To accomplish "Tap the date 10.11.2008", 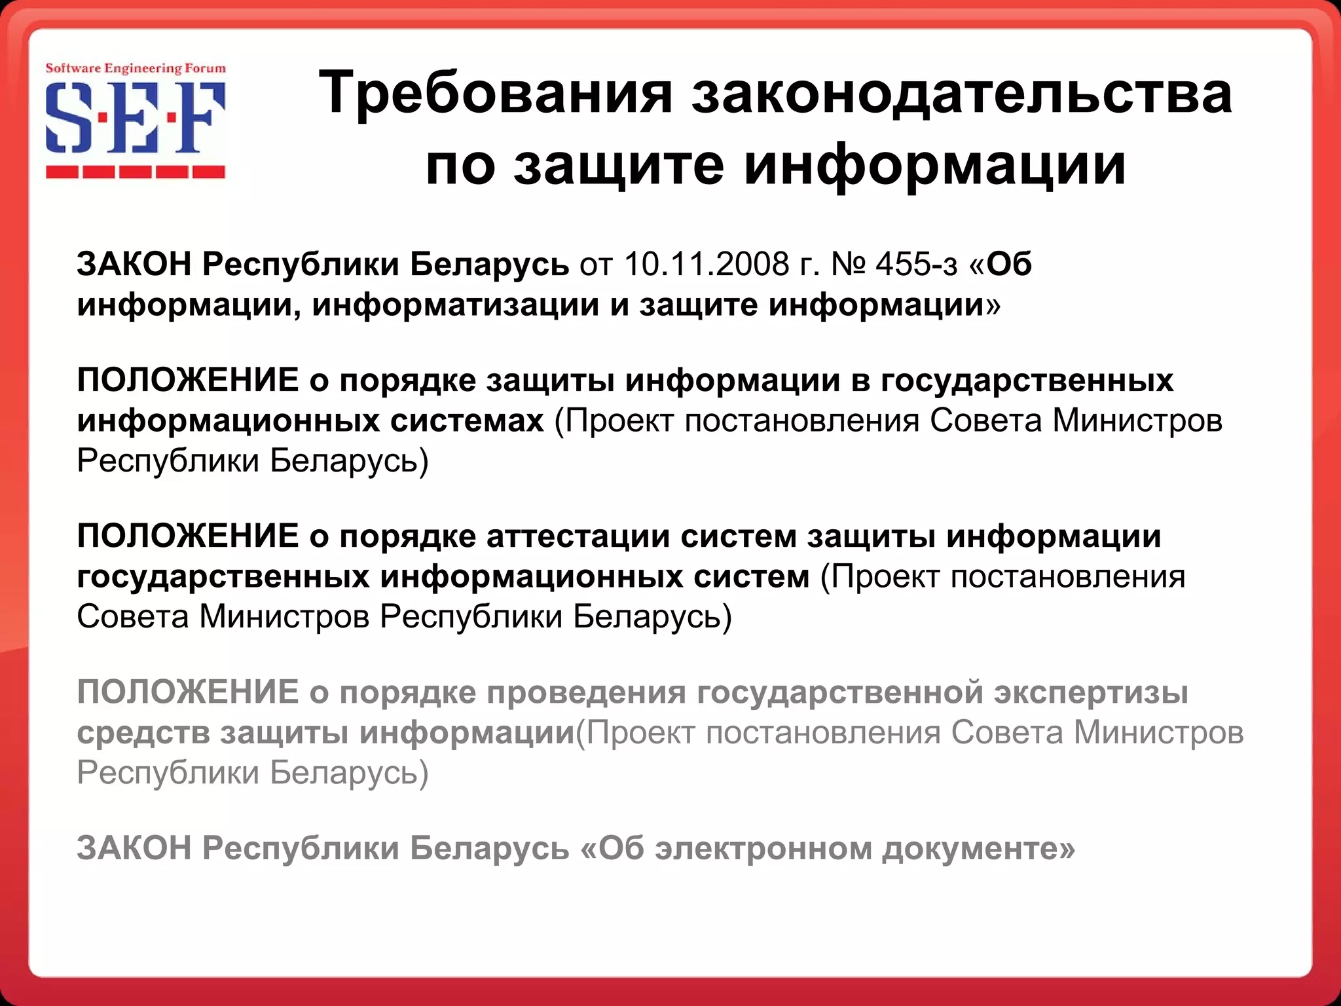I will pos(707,264).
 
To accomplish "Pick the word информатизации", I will pos(456,305).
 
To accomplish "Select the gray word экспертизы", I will pos(1091,692).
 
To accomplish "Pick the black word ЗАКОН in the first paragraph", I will pos(134,264).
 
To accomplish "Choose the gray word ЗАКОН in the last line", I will pos(134,848).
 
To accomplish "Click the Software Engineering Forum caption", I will pos(136,68).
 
